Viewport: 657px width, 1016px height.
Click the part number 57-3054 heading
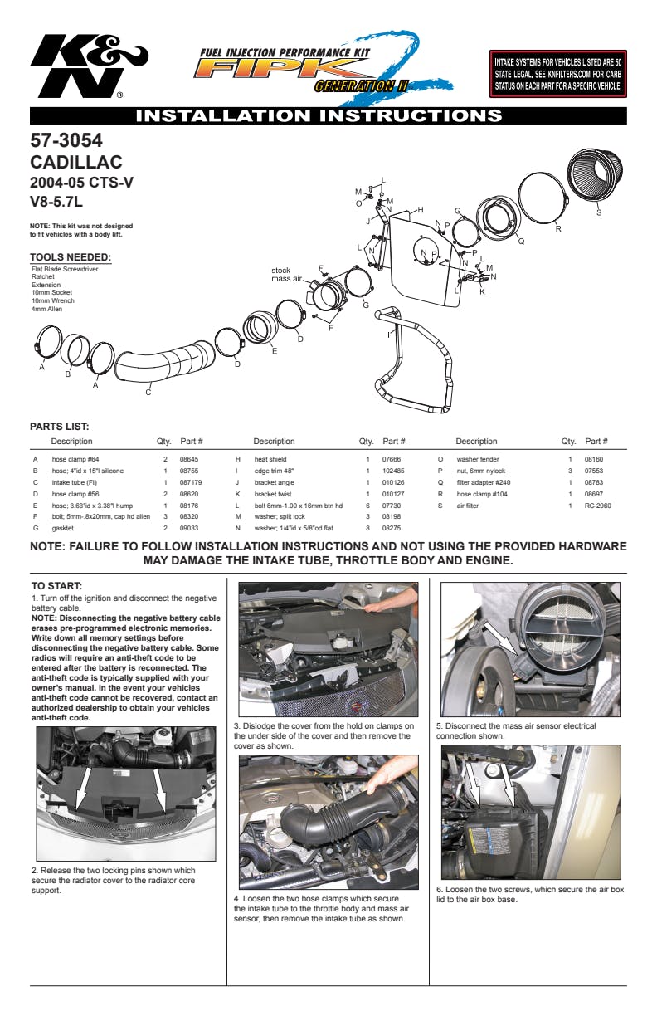(x=66, y=141)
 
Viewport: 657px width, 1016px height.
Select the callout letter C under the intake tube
(x=148, y=393)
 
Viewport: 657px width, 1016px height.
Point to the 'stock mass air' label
(x=286, y=275)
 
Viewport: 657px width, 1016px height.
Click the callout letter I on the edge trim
(x=388, y=334)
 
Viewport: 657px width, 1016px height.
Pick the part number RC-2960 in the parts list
(x=597, y=505)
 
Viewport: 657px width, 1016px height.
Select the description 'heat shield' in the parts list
(x=270, y=459)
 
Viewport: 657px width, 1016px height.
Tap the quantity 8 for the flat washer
(x=366, y=527)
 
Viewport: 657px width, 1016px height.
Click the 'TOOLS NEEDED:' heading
(x=71, y=257)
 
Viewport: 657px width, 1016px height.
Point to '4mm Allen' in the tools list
(x=46, y=310)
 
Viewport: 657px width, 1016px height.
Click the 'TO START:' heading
(x=56, y=586)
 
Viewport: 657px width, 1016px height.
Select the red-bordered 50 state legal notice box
(x=557, y=74)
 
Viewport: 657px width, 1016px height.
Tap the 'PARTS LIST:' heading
(x=61, y=427)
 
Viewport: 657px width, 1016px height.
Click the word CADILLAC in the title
(x=76, y=163)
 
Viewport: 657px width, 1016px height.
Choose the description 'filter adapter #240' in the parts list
(x=484, y=482)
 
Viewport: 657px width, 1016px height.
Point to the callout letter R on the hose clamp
(x=558, y=228)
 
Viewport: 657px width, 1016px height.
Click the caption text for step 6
(x=529, y=894)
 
